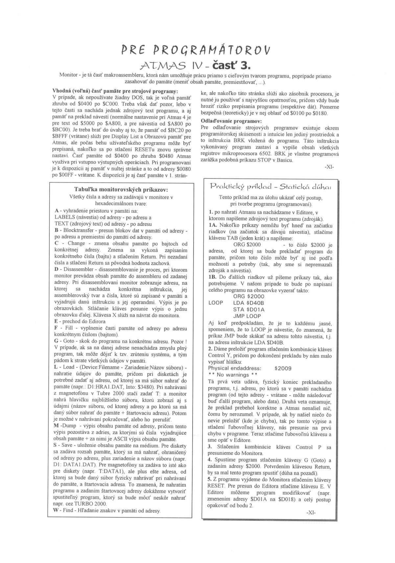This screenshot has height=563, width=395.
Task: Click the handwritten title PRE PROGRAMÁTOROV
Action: pos(196,50)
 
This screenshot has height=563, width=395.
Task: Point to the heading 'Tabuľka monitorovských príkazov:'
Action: pos(121,190)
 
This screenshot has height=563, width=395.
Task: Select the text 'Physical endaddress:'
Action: pos(235,368)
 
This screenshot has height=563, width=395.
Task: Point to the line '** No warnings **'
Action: pos(233,375)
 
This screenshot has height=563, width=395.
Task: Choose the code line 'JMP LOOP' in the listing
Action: pos(247,316)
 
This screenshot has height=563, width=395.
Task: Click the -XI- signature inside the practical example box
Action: pos(310,512)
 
